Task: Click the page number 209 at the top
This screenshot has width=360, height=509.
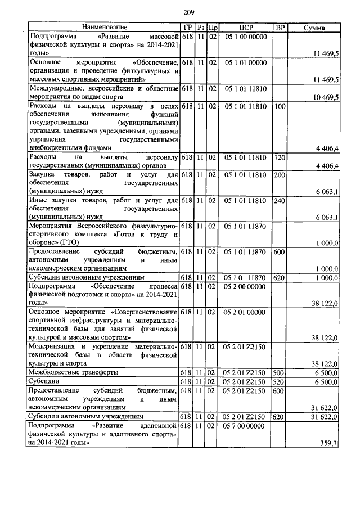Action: (x=189, y=13)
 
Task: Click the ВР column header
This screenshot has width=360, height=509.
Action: (x=280, y=27)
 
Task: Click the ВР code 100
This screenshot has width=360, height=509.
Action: (x=280, y=106)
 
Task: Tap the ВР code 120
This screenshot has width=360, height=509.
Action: (x=280, y=158)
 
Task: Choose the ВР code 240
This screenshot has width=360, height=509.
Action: (x=280, y=201)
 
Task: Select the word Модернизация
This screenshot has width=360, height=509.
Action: (x=53, y=347)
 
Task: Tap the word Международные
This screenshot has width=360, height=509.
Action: (x=57, y=88)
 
